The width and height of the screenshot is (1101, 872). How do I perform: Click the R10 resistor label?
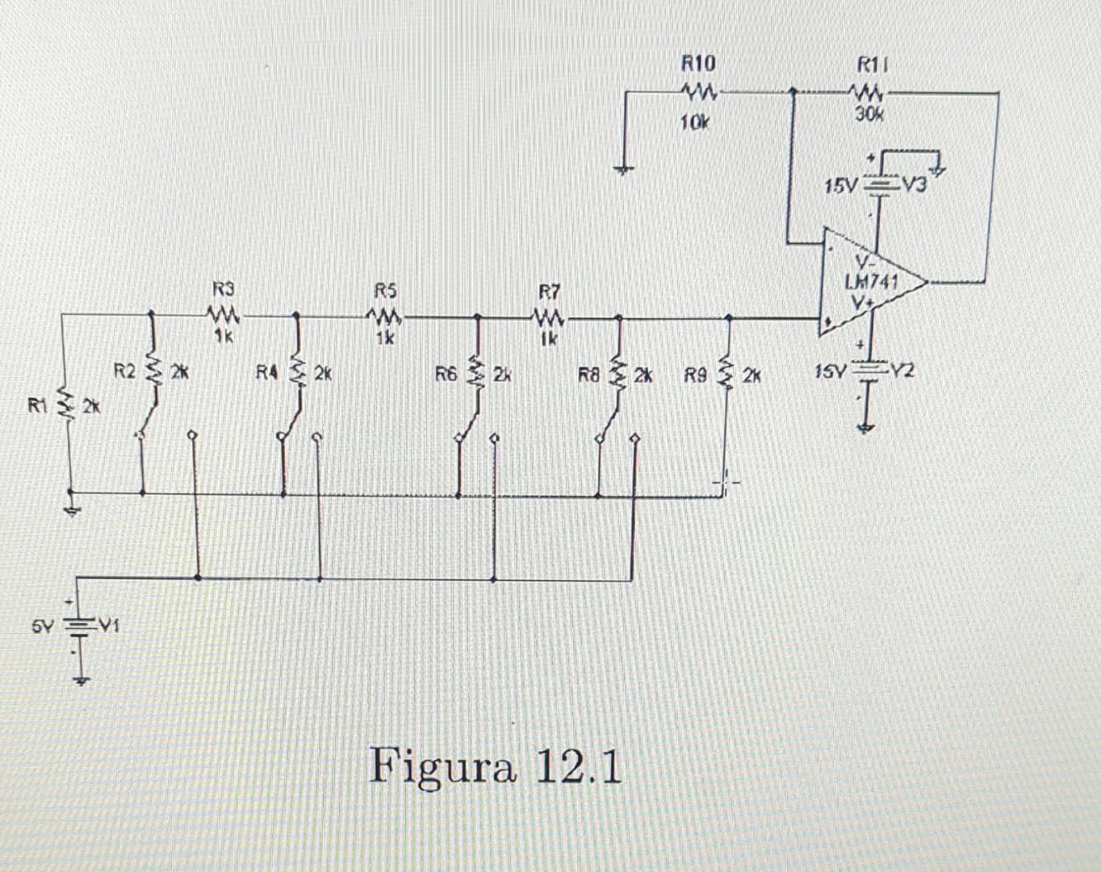[x=698, y=63]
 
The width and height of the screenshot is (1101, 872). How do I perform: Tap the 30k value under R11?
[x=869, y=115]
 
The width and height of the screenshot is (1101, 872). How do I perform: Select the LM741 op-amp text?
[x=871, y=282]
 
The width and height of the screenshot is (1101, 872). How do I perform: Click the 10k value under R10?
[x=694, y=123]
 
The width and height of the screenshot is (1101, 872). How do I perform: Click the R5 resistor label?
[x=386, y=289]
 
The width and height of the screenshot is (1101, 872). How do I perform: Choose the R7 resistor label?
[x=549, y=291]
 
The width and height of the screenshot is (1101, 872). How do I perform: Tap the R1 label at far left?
[x=38, y=405]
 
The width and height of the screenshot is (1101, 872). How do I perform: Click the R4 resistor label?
[x=267, y=372]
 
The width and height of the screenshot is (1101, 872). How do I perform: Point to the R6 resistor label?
[x=446, y=373]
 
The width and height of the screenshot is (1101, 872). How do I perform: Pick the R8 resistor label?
[x=589, y=375]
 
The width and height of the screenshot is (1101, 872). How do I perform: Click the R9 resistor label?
[x=696, y=375]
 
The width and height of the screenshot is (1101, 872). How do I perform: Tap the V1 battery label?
[x=108, y=625]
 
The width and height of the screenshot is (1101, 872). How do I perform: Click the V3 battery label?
[x=915, y=186]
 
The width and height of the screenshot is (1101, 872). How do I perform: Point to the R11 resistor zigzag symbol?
[x=870, y=92]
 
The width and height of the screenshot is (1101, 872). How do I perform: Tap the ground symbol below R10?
[x=624, y=170]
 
